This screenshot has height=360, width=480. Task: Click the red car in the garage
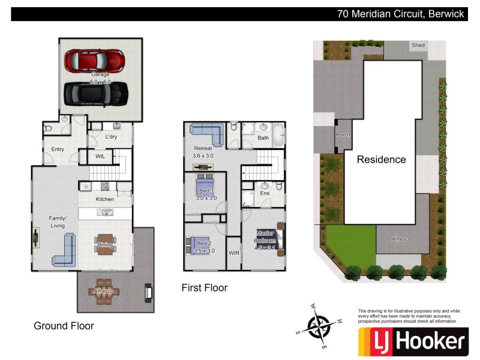pos(94,60)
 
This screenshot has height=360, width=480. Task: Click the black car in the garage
pos(96,93)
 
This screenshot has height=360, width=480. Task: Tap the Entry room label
pos(58,149)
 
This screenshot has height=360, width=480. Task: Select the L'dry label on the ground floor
pos(111,137)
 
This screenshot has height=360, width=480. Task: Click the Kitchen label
pos(105,199)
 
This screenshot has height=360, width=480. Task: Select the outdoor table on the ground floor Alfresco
pos(104,291)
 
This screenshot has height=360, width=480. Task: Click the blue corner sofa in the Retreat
pos(207,133)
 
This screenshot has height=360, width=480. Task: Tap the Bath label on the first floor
pos(263,138)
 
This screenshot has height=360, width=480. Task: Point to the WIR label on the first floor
pos(234,253)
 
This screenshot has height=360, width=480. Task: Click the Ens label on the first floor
pos(265,194)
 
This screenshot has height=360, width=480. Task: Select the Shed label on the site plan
pos(418,45)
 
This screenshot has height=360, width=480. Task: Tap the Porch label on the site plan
pos(343,135)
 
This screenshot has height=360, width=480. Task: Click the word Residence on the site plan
pos(381,160)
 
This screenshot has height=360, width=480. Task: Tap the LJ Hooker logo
pos(412,342)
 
